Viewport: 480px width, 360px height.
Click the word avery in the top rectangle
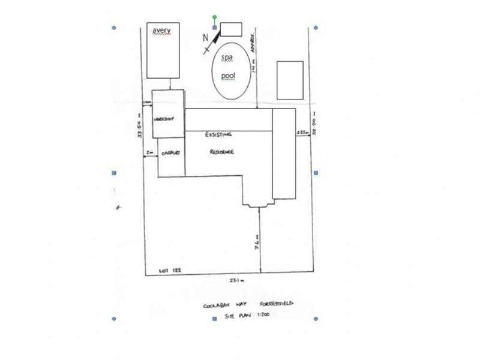(x=161, y=31)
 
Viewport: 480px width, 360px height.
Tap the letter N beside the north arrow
(x=205, y=37)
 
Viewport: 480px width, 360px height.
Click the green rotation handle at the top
(x=215, y=17)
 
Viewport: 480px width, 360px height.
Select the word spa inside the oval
(x=227, y=58)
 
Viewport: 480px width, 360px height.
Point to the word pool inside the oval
(x=228, y=76)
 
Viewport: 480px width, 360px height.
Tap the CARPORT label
(x=171, y=153)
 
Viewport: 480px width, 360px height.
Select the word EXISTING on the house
(x=218, y=135)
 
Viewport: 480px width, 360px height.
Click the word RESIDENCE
(x=221, y=152)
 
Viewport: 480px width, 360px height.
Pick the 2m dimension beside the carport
(x=149, y=153)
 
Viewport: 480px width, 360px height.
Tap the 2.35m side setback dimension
(x=302, y=132)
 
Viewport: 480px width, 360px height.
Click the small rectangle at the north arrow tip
(x=231, y=29)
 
